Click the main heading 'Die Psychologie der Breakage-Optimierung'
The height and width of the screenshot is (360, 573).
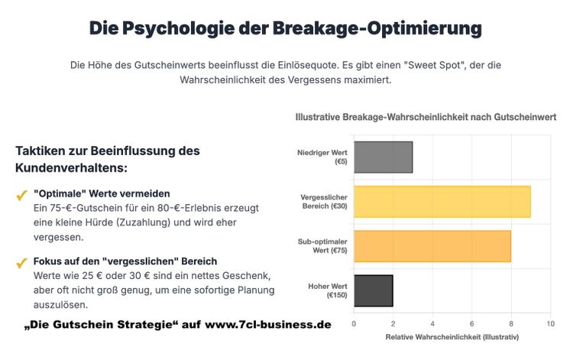286,29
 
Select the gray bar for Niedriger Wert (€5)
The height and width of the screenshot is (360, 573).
383,157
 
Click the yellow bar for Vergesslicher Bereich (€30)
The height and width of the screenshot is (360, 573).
442,202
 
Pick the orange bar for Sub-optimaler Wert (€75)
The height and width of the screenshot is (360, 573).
432,246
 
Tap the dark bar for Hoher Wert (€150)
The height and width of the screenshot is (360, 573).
373,290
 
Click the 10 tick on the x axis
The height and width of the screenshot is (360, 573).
550,324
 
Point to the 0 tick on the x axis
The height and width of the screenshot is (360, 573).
354,324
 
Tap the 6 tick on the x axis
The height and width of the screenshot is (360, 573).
471,324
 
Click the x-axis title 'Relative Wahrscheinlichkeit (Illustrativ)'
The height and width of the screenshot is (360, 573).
452,337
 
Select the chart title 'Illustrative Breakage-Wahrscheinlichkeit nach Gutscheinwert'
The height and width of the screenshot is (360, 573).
426,117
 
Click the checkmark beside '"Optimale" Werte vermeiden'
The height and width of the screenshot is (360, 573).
21,196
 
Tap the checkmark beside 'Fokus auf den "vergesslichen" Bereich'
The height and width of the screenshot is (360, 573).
21,264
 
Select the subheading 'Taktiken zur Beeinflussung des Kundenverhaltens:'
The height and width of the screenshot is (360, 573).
107,159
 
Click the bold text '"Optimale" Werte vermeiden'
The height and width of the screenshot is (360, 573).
102,193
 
